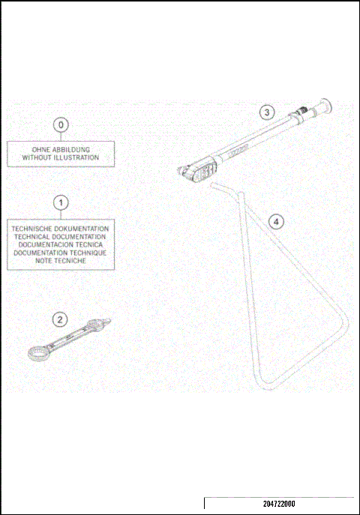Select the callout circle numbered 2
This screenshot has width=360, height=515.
coord(59,319)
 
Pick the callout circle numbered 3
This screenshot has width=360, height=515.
coord(266,112)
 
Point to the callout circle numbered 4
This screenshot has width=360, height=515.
coord(277,221)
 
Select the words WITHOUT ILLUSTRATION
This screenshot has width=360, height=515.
coord(61,157)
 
